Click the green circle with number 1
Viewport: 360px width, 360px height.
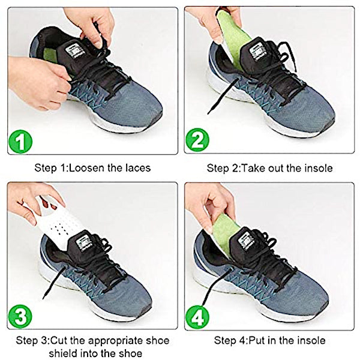pyautogui.click(x=20, y=142)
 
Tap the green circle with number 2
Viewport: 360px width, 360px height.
pyautogui.click(x=197, y=140)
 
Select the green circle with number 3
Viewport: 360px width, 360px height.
pyautogui.click(x=20, y=316)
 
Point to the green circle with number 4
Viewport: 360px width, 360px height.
pyautogui.click(x=197, y=317)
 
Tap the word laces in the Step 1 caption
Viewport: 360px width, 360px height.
pyautogui.click(x=138, y=168)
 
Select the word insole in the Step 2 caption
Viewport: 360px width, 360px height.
pyautogui.click(x=319, y=168)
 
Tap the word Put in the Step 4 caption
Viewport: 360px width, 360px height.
pyautogui.click(x=257, y=340)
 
